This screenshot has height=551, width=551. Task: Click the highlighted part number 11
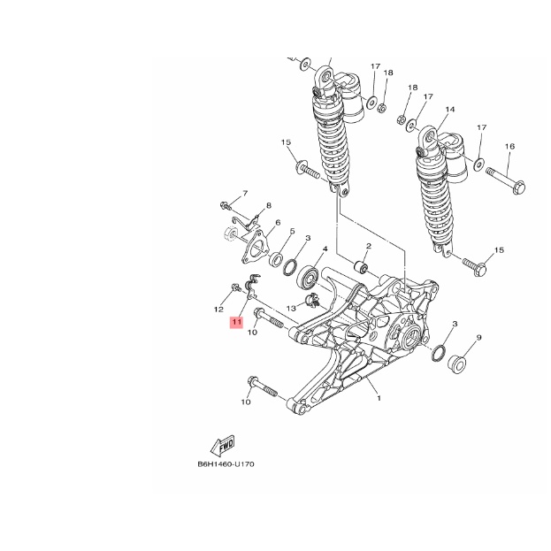click(x=236, y=323)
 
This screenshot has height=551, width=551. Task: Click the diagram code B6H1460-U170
click(x=226, y=463)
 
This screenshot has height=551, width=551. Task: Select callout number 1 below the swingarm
click(x=379, y=399)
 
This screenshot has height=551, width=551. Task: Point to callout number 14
click(x=449, y=111)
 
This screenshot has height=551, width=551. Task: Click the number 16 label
click(x=509, y=146)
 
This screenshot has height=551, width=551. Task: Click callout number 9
click(x=478, y=338)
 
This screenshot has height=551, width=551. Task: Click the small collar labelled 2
click(x=360, y=266)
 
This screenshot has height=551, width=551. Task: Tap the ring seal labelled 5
click(x=277, y=261)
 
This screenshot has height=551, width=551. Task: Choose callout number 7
click(x=245, y=193)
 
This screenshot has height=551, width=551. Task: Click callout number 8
click(x=268, y=206)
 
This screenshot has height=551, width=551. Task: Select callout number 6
click(x=277, y=223)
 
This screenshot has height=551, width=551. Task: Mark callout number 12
click(x=217, y=310)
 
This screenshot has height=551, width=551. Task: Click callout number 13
click(x=291, y=307)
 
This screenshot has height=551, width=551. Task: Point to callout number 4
click(x=325, y=250)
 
